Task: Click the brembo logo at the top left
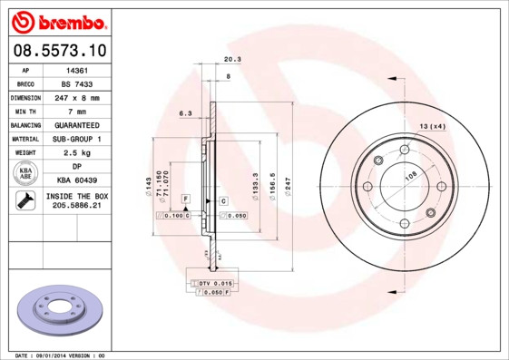[58, 20]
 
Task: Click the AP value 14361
[77, 69]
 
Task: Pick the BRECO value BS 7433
[77, 83]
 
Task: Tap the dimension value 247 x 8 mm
[77, 96]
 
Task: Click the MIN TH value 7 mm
[77, 110]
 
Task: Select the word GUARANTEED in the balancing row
[77, 124]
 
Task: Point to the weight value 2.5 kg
[77, 152]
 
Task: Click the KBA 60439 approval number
[77, 180]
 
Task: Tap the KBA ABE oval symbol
[25, 173]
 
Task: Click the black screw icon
[24, 201]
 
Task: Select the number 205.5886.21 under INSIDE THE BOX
[77, 207]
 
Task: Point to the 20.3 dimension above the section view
[231, 60]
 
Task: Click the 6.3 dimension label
[186, 113]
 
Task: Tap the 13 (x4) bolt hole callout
[432, 125]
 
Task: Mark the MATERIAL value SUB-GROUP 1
[77, 138]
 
